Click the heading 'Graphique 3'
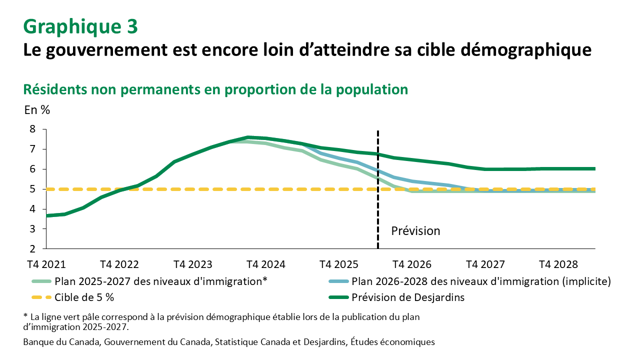(x=80, y=27)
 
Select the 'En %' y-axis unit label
(x=37, y=110)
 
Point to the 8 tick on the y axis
(x=32, y=129)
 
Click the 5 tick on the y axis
(x=32, y=189)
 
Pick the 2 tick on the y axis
(x=32, y=248)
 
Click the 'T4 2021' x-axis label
(x=46, y=264)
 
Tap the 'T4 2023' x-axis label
(x=192, y=264)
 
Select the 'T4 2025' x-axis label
(x=339, y=264)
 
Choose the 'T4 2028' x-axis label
(x=558, y=264)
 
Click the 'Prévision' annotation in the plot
(x=415, y=231)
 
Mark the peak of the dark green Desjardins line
(x=248, y=137)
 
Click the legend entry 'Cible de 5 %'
(x=84, y=297)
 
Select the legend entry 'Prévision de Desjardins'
(x=408, y=297)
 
